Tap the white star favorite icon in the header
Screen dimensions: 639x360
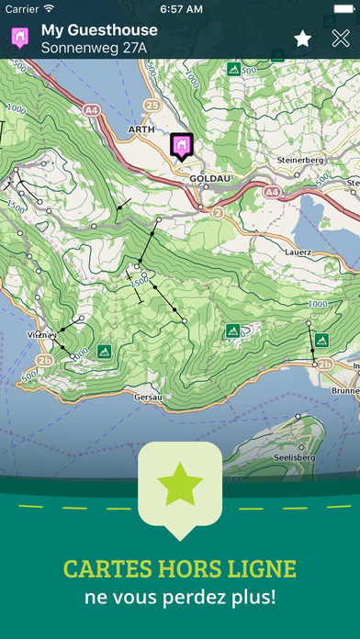pyautogui.click(x=302, y=39)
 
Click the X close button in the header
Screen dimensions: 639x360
pyautogui.click(x=341, y=39)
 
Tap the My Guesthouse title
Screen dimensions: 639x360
pyautogui.click(x=99, y=29)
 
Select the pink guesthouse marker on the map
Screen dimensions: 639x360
pyautogui.click(x=181, y=144)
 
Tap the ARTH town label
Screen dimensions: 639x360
pyautogui.click(x=141, y=130)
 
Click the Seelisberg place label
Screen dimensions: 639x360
pyautogui.click(x=296, y=456)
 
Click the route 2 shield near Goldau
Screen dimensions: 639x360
pyautogui.click(x=218, y=211)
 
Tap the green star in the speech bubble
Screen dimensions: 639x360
pyautogui.click(x=180, y=484)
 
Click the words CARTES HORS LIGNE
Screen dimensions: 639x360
pyautogui.click(x=180, y=569)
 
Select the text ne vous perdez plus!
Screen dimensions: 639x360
pyautogui.click(x=180, y=597)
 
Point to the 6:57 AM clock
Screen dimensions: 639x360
pyautogui.click(x=180, y=8)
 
